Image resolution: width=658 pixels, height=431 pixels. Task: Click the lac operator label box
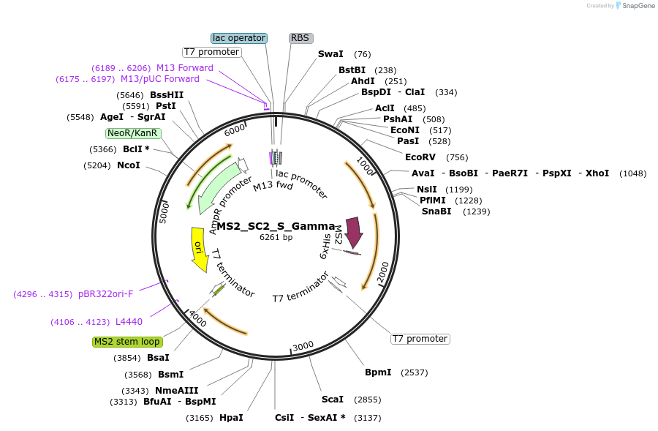coord(239,38)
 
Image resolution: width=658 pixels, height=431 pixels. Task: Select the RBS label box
coord(300,38)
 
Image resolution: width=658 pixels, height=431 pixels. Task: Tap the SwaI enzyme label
coord(330,54)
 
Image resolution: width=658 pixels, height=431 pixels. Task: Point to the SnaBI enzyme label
coord(436,211)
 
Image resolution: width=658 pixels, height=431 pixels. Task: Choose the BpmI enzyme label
coord(378,372)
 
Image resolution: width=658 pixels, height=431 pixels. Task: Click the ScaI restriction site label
coord(333,400)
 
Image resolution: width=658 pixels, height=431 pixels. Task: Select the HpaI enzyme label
coord(231,418)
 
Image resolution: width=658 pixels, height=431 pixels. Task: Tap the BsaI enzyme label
coord(158,358)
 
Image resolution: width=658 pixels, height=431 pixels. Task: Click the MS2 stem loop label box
coord(127,342)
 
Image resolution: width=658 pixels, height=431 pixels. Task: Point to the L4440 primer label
coord(129,322)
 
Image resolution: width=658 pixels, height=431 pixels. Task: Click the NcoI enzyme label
coord(129,165)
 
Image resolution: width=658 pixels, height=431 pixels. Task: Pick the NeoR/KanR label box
coord(132,133)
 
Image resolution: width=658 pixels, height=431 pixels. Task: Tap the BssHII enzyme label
coord(167,95)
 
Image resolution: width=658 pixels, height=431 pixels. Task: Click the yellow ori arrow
coord(198,250)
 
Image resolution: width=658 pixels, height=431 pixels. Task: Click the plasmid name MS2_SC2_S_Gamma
coord(276,226)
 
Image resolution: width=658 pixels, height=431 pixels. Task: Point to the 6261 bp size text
coord(276,237)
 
